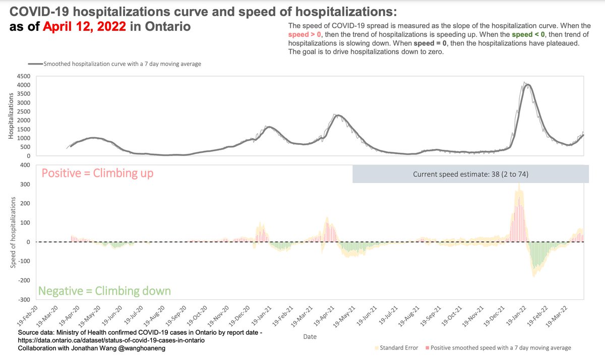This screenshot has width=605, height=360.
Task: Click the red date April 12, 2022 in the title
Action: point(84,26)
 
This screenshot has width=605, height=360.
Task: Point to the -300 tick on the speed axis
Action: point(24,299)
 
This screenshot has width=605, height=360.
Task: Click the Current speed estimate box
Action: point(470,174)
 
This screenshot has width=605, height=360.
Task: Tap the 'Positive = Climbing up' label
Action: point(97,173)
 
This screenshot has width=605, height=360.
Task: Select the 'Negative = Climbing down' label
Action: point(104,291)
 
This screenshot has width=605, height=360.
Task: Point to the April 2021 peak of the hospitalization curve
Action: point(339,115)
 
